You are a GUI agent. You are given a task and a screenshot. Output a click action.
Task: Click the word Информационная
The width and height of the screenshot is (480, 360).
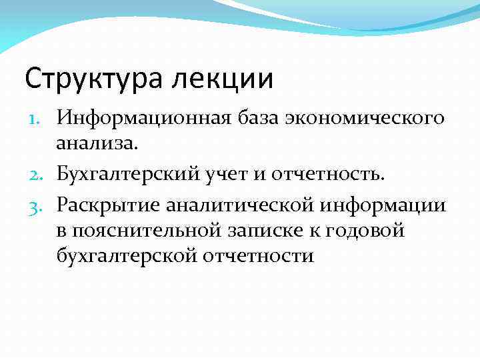point(154,118)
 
